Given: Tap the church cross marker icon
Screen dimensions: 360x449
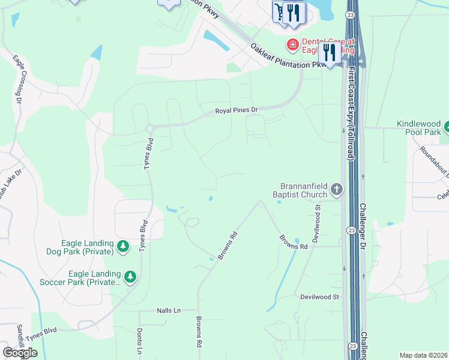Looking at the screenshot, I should [x=337, y=190].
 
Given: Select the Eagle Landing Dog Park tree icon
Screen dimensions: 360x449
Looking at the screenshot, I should [x=123, y=246].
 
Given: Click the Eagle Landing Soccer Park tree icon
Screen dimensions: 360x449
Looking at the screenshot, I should [x=130, y=277].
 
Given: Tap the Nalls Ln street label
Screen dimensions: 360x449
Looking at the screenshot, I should [x=169, y=311].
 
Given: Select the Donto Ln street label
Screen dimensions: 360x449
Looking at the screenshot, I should [x=139, y=342].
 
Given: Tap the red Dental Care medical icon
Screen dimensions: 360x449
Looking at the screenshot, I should [x=292, y=44].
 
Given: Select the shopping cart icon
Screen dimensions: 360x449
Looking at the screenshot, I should [x=279, y=11].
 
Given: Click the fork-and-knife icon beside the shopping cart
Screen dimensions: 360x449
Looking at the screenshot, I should [x=292, y=11].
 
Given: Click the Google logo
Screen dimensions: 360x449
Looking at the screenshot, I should [x=20, y=353].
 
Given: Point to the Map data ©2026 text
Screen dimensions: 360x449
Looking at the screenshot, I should [x=423, y=355].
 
